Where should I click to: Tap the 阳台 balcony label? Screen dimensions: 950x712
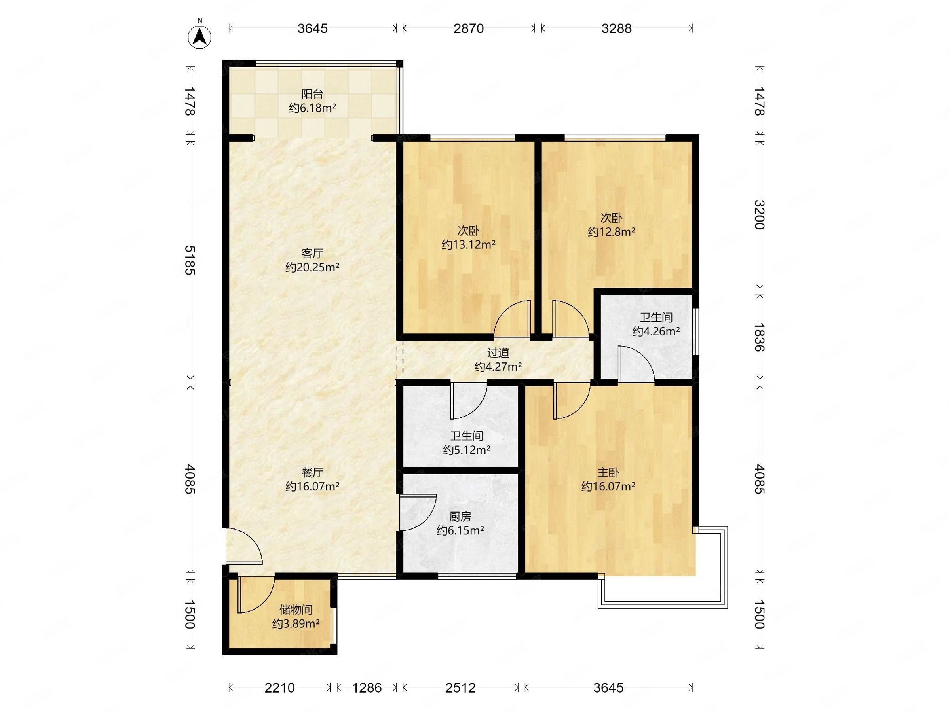[312, 94]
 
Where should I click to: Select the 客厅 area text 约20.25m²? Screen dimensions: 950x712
[313, 267]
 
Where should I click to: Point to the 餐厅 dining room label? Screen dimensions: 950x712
[313, 473]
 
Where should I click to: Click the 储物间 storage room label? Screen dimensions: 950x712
[296, 610]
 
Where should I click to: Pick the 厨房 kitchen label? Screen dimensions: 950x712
[460, 517]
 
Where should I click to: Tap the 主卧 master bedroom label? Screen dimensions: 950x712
[608, 473]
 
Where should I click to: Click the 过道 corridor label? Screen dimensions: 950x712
[498, 353]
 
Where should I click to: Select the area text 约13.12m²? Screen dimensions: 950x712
[469, 244]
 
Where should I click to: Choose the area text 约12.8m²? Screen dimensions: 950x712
[612, 232]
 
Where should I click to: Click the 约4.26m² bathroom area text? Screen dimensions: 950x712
[656, 331]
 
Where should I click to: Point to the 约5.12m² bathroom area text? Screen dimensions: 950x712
[467, 450]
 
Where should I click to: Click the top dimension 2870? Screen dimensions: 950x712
[469, 28]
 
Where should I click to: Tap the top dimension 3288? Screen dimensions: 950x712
[616, 28]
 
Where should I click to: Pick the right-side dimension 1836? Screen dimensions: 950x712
[760, 337]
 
